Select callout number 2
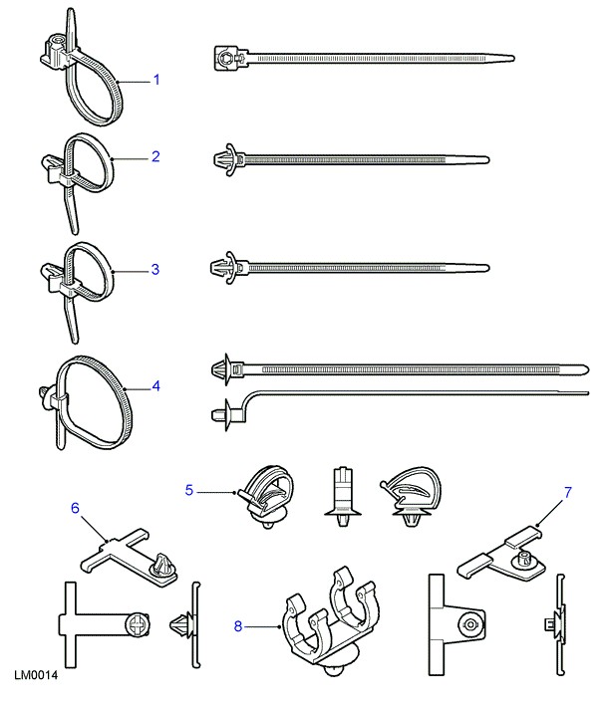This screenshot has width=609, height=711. tap(155, 155)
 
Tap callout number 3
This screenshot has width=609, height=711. tap(155, 268)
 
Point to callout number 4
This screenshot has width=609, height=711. tap(155, 383)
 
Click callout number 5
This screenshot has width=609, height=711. tap(189, 488)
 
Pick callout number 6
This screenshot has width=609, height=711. tap(75, 507)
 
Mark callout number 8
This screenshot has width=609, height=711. tap(237, 625)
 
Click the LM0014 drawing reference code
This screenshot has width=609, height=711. tap(36, 676)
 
